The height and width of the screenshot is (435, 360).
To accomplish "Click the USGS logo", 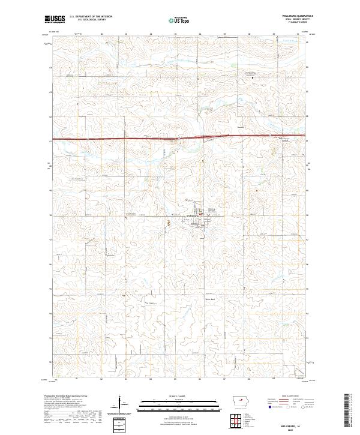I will point(55,19).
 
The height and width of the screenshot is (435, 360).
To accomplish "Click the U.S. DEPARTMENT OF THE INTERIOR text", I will point(91,17).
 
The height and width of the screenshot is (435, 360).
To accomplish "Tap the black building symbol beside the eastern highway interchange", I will point(281,138).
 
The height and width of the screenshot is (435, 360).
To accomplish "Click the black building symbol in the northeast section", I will point(253,78).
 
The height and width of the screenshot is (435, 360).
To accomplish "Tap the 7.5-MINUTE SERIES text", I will point(296,23).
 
